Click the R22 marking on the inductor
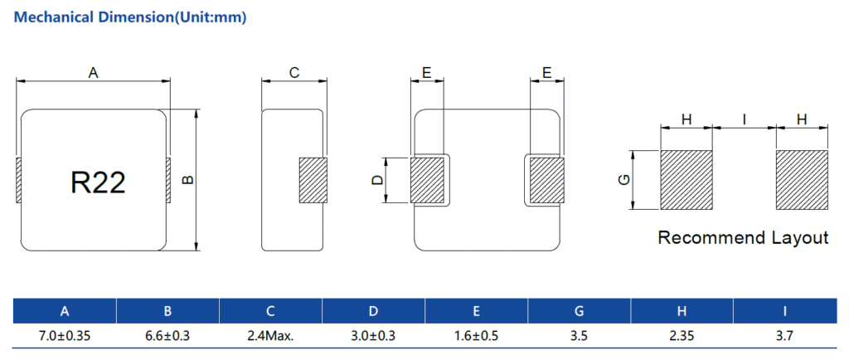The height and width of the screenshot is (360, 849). (98, 182)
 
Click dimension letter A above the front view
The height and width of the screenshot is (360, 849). (94, 74)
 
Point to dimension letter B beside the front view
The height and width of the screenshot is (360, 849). (187, 179)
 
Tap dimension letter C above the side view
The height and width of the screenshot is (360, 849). (294, 74)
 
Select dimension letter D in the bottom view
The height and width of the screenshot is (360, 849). (378, 179)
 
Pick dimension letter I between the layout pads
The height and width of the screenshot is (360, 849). (744, 120)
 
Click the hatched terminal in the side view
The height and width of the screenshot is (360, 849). (313, 180)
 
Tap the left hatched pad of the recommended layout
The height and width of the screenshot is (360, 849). (686, 180)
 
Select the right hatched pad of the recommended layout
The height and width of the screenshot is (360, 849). (802, 180)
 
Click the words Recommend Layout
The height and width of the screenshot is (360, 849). (743, 238)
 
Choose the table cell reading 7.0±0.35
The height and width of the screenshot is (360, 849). (65, 337)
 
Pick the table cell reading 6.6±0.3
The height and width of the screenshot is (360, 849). (167, 337)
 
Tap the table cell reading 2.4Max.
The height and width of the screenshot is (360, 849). (270, 337)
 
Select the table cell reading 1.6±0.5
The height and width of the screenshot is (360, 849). (476, 337)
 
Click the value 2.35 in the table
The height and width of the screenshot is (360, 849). (682, 337)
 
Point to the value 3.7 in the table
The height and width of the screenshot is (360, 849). (784, 337)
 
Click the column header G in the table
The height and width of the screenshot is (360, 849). (579, 312)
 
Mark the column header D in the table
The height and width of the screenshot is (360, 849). (373, 312)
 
